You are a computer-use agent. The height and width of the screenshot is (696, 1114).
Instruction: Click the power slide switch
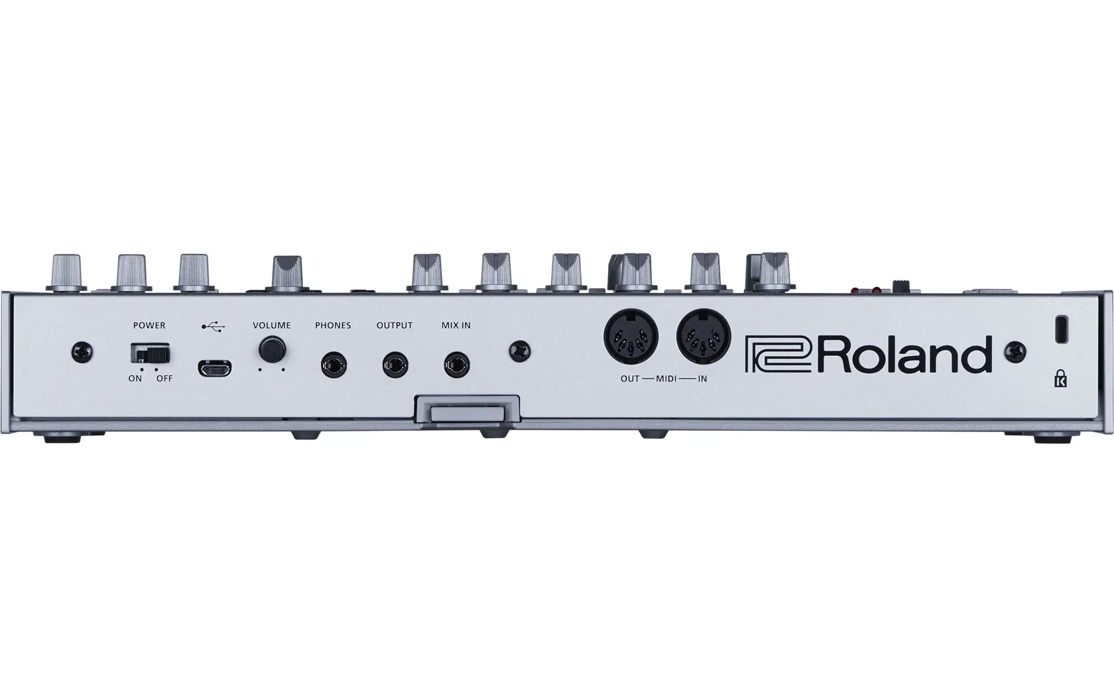151,353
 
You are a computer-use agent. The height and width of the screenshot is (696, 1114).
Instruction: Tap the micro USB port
214,368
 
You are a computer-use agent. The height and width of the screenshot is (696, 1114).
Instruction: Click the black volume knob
271,348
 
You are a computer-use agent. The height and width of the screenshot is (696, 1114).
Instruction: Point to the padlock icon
1060,380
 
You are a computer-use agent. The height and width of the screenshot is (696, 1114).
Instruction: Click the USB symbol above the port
213,326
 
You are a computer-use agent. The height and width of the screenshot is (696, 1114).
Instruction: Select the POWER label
149,325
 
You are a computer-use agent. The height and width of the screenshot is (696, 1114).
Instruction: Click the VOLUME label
271,325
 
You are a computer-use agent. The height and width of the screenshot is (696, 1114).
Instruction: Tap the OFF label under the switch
164,378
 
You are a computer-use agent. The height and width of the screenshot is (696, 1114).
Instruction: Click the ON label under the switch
135,378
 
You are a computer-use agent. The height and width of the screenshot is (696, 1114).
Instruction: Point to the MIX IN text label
456,325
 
